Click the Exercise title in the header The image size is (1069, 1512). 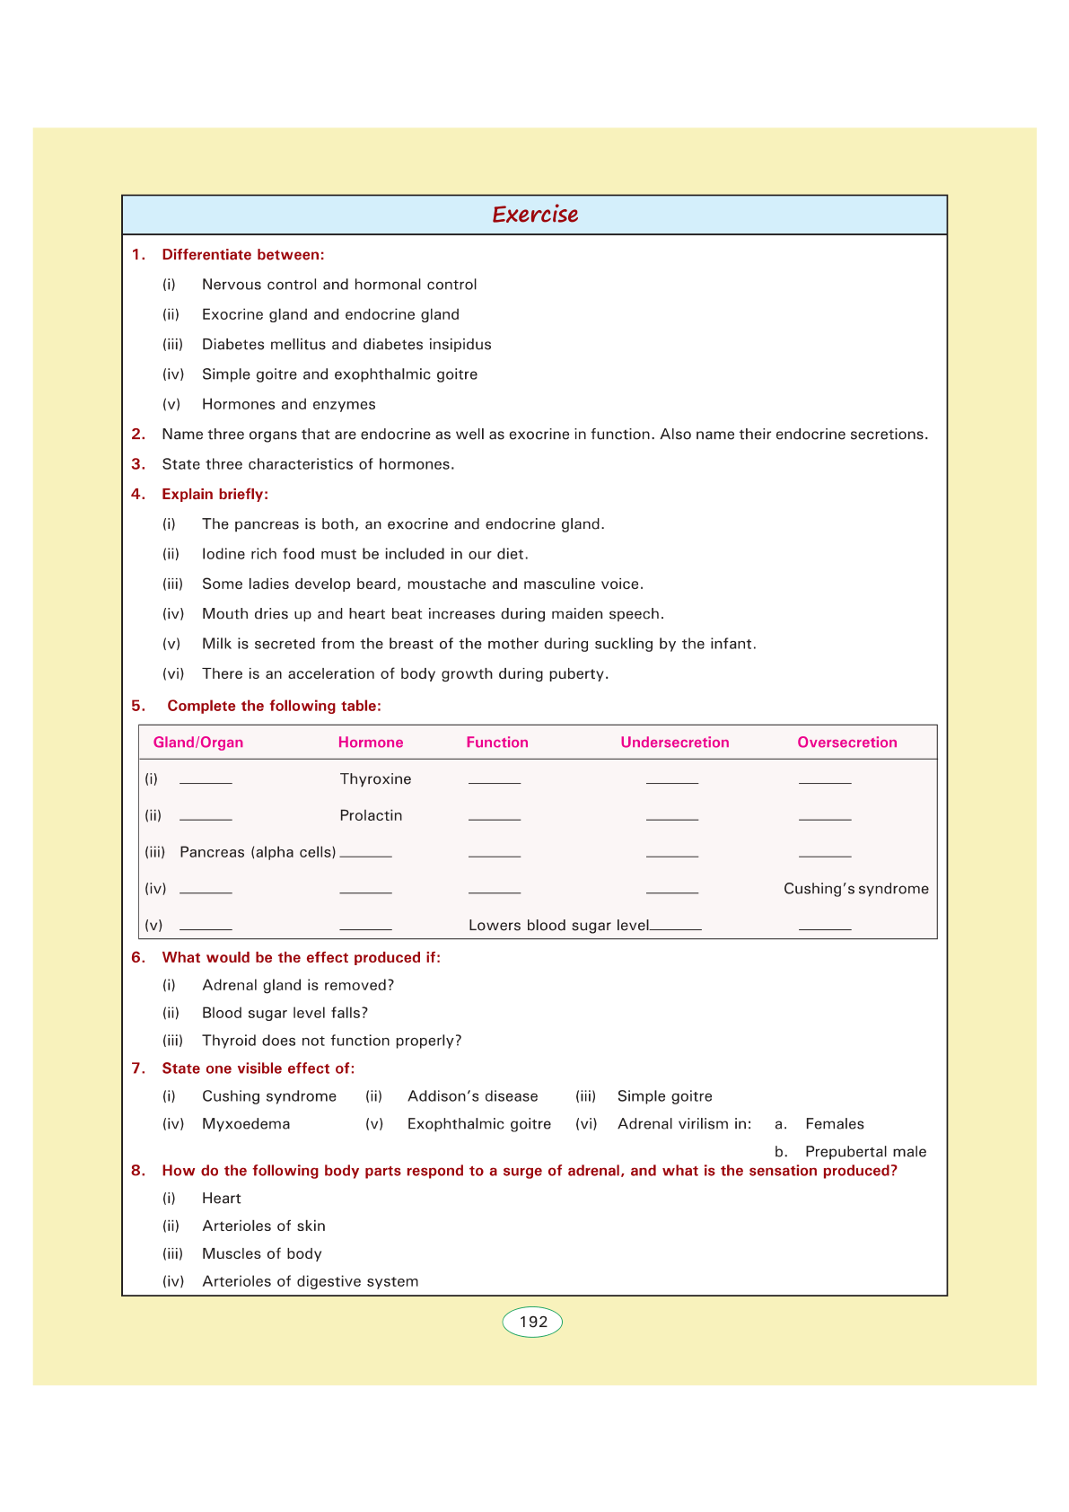[x=535, y=215]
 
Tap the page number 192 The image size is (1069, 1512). [x=532, y=1322]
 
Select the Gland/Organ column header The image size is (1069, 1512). [x=197, y=743]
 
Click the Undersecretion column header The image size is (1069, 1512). [x=674, y=743]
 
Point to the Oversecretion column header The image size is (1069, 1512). [x=846, y=743]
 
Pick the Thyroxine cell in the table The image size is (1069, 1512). [x=375, y=779]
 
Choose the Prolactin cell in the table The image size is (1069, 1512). [x=371, y=816]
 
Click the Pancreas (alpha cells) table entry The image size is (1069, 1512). [x=258, y=852]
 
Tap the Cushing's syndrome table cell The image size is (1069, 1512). [x=855, y=889]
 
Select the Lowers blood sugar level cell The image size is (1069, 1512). [x=558, y=926]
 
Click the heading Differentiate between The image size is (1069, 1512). [x=242, y=255]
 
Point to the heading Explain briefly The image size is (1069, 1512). [x=215, y=495]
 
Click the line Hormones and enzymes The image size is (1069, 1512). [x=288, y=405]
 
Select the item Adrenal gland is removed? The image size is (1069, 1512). [x=298, y=986]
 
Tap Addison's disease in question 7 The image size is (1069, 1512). [x=472, y=1096]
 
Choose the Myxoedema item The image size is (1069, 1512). [x=246, y=1124]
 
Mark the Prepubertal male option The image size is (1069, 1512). [x=865, y=1152]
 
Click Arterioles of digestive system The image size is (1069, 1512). [x=310, y=1281]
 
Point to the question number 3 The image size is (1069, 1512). [x=138, y=464]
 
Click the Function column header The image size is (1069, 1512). [x=496, y=743]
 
